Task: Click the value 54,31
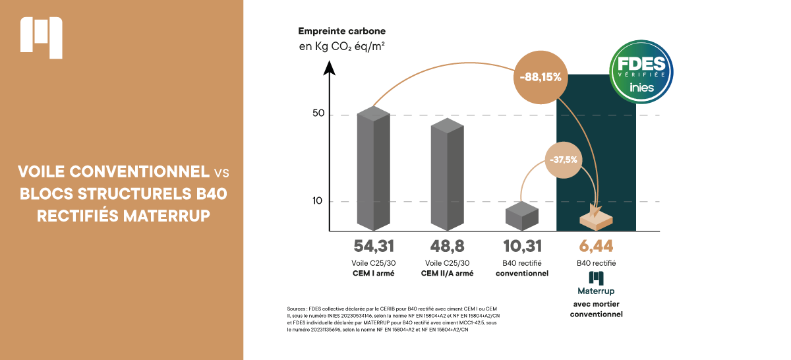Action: point(373,247)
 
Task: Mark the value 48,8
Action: point(447,247)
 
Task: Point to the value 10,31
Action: point(522,247)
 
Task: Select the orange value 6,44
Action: point(596,247)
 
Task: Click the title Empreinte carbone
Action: point(341,31)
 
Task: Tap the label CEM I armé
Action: point(373,273)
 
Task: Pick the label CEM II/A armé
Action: point(447,273)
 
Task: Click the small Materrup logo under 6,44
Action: point(596,278)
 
